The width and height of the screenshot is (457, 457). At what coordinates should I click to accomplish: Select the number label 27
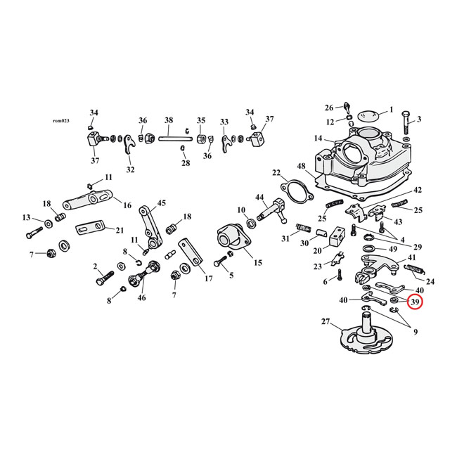point(325,322)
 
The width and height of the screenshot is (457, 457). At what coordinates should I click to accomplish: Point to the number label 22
point(276,173)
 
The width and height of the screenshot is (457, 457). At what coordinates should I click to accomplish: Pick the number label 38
point(168,120)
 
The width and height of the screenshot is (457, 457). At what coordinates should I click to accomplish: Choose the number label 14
point(318,139)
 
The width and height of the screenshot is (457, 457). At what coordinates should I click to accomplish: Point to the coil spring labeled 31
point(302,227)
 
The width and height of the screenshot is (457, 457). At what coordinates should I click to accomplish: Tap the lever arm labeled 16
point(87,202)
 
